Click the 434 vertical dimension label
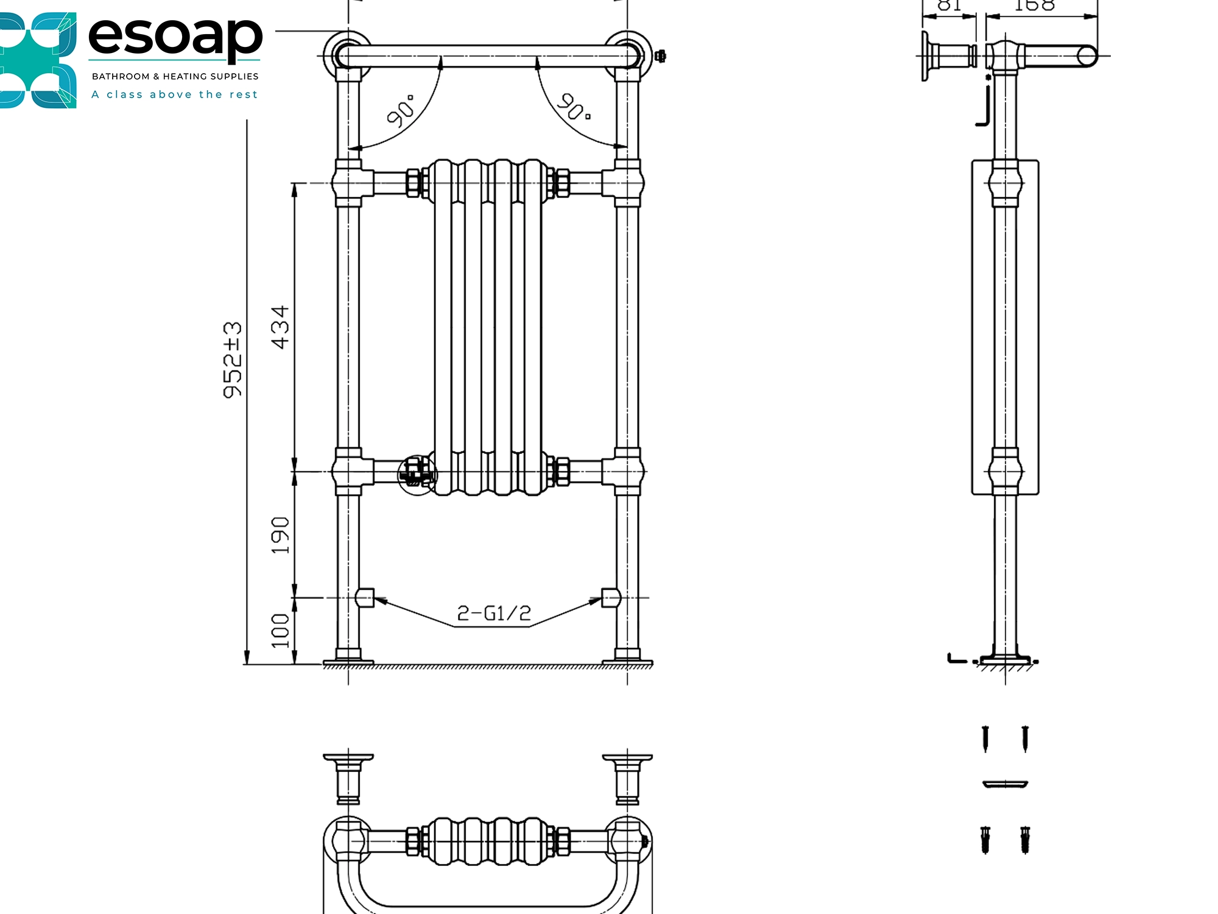(x=280, y=327)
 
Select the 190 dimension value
(x=280, y=535)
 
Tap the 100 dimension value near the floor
(x=280, y=631)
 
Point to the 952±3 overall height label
(x=232, y=360)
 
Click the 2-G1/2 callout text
(x=494, y=613)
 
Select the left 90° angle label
(x=401, y=111)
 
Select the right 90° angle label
(x=574, y=107)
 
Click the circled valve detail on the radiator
(x=417, y=474)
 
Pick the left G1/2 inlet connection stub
(x=365, y=598)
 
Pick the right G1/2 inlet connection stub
(x=610, y=598)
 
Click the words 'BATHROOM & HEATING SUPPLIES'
(x=175, y=76)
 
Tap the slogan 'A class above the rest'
(x=175, y=94)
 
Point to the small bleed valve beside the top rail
(x=660, y=56)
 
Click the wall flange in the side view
(x=926, y=56)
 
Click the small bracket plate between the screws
(x=1005, y=784)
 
